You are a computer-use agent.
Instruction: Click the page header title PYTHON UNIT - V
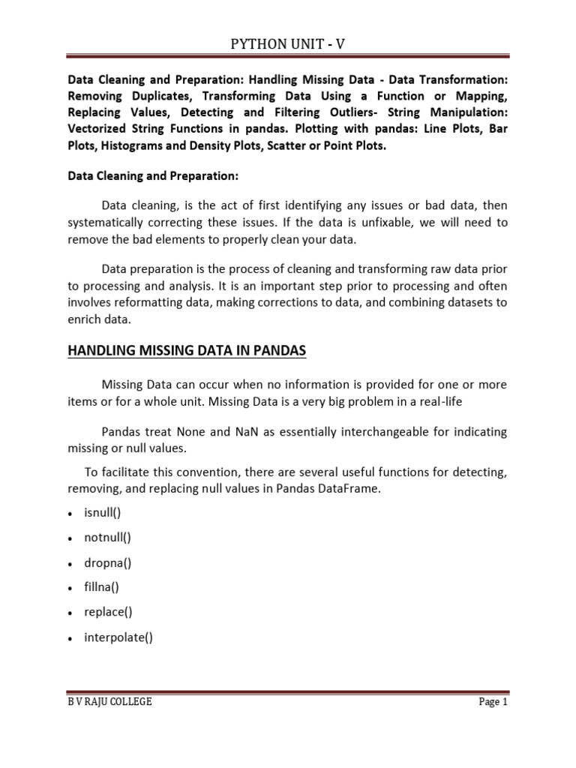[x=288, y=46]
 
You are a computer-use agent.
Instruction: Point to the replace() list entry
[x=108, y=611]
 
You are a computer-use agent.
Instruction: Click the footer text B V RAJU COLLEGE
[x=109, y=702]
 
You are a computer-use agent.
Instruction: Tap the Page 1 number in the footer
[x=492, y=702]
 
